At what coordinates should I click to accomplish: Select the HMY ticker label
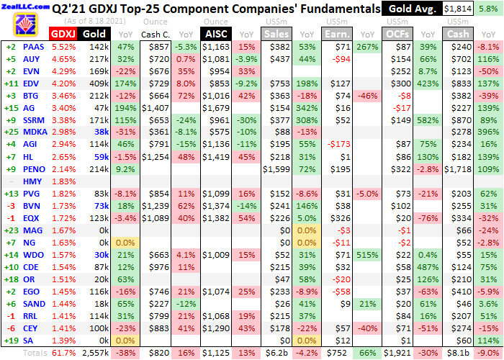pyautogui.click(x=33, y=181)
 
